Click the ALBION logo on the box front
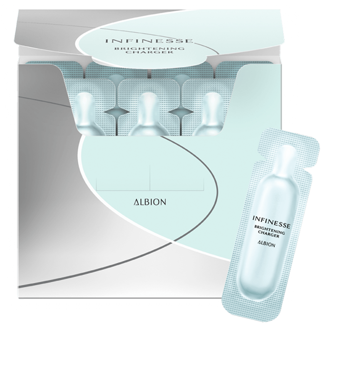(x=150, y=202)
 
